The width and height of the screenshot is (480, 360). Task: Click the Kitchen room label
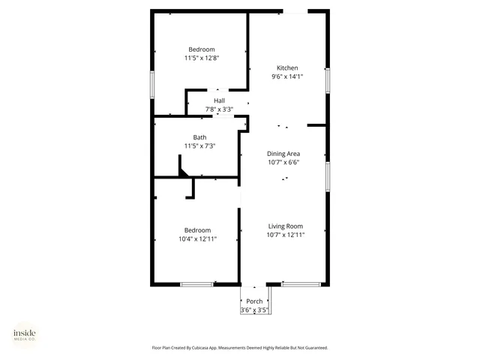(287, 67)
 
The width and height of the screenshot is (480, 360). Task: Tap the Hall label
(219, 100)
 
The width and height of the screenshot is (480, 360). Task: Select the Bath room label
(199, 137)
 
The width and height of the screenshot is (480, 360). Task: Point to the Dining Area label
(283, 153)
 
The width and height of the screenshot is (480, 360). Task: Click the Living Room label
(285, 226)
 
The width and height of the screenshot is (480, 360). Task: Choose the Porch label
(254, 301)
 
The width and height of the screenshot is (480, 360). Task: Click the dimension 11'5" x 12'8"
(201, 58)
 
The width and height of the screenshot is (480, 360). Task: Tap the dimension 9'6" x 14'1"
(287, 76)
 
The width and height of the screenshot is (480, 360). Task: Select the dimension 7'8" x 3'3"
(219, 109)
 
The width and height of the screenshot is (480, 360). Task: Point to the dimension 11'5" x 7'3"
(199, 145)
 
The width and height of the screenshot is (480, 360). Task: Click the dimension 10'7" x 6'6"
(283, 161)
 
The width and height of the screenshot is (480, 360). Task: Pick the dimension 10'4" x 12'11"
(198, 238)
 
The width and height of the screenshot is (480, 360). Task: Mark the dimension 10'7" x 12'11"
(285, 234)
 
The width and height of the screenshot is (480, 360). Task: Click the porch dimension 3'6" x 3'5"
(254, 310)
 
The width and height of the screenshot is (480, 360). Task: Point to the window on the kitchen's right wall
(327, 80)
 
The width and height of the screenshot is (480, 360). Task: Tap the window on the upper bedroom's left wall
(153, 84)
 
